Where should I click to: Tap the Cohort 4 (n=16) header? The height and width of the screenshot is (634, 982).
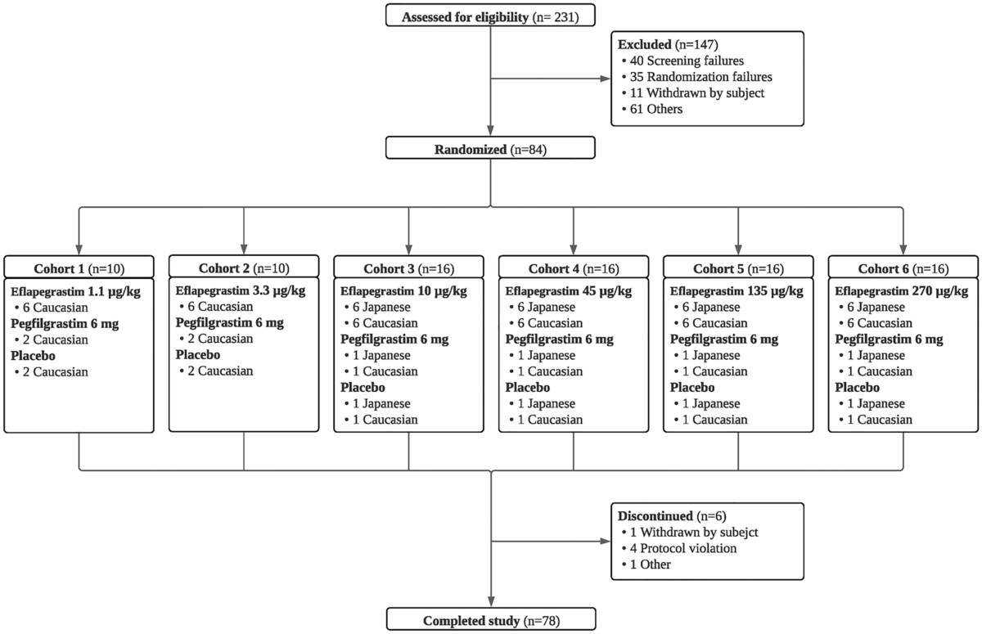(x=573, y=268)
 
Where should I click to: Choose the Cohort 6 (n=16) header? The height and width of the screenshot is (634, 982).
(x=903, y=268)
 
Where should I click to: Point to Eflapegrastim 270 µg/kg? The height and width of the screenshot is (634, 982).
(x=901, y=291)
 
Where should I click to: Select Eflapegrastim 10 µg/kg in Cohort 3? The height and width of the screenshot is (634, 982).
(x=403, y=291)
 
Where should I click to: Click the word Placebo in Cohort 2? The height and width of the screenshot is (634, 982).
(x=198, y=355)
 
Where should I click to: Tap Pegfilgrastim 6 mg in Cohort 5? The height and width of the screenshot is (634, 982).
(x=723, y=339)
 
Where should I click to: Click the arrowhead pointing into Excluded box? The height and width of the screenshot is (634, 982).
(x=606, y=79)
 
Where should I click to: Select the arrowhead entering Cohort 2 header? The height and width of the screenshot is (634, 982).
(x=244, y=250)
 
